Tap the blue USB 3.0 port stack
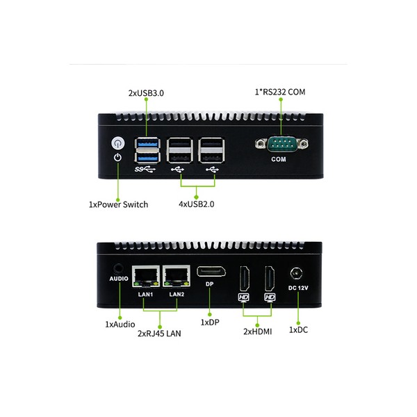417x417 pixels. pyautogui.click(x=147, y=150)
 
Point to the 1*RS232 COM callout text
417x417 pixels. pyautogui.click(x=279, y=92)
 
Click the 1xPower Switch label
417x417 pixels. pyautogui.click(x=119, y=205)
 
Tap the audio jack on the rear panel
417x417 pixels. pyautogui.click(x=118, y=268)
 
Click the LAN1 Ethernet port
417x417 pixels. pyautogui.click(x=146, y=276)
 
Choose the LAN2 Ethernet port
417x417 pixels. pyautogui.click(x=176, y=276)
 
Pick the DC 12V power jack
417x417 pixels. pyautogui.click(x=298, y=273)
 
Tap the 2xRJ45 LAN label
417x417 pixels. pyautogui.click(x=158, y=334)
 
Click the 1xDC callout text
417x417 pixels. pyautogui.click(x=297, y=329)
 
